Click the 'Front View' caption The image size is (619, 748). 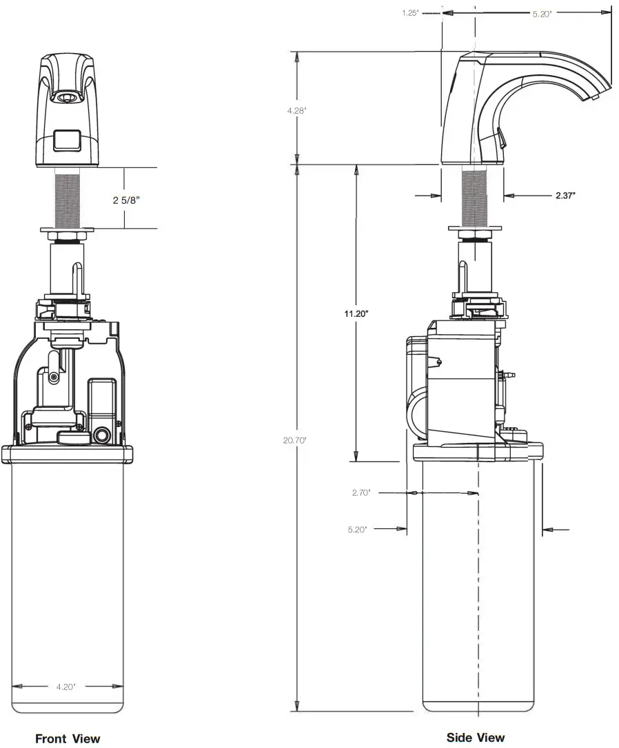[68, 738]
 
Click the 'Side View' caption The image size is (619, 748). [475, 737]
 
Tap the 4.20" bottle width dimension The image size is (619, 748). [67, 686]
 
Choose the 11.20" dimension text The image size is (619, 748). [356, 313]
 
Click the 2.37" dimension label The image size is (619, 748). [565, 196]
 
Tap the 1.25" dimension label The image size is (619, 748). [411, 12]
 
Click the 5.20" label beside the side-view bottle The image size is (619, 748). [357, 529]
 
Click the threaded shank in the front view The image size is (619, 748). [67, 199]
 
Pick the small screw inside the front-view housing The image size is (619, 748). [54, 375]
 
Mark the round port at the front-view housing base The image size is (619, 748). [103, 435]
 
